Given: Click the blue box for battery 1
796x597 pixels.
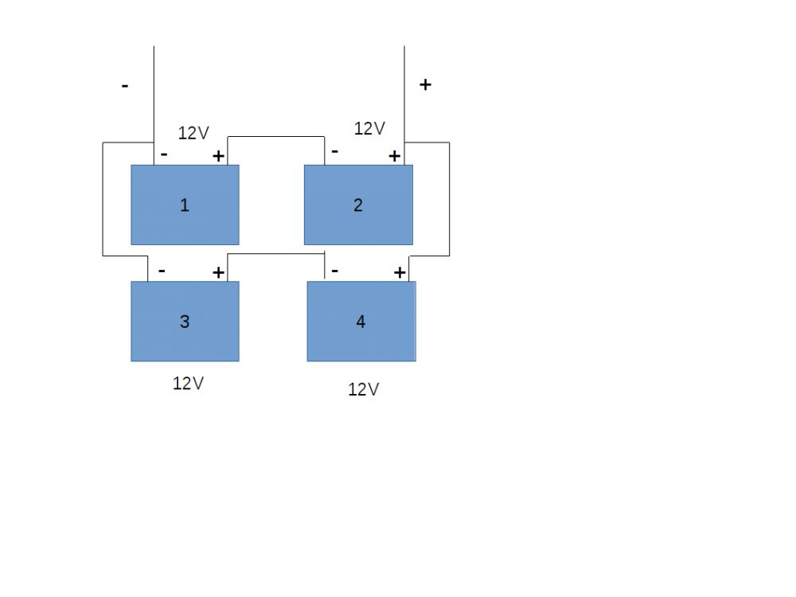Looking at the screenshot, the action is pos(185,205).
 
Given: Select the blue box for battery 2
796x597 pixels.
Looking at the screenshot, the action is pos(358,205).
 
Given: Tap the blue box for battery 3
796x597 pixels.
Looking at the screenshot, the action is pos(185,322).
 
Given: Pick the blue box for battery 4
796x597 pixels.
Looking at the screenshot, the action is pos(361,322).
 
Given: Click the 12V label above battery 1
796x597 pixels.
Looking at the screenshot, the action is pos(193,133).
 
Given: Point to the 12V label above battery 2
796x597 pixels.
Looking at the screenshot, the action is pos(369,128).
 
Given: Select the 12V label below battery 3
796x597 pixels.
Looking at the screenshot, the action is pos(189,384).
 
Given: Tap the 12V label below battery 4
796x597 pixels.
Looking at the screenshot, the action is pos(364,389).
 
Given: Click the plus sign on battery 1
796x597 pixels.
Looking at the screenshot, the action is pos(218,156).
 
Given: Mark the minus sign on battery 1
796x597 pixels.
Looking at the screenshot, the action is pos(164,154).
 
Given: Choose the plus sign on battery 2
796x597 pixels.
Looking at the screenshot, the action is pos(395,156).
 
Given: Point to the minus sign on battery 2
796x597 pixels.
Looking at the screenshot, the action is pos(334,151).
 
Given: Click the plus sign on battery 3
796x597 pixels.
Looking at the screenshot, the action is pos(218,272).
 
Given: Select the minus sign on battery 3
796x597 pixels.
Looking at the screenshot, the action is pos(162,271).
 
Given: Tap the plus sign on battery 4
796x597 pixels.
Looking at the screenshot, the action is pos(400,272).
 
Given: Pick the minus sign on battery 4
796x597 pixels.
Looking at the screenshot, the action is pos(334,271).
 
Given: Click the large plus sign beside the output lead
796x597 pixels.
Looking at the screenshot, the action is pos(425,84).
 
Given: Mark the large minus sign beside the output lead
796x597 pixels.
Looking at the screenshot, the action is pos(125,86).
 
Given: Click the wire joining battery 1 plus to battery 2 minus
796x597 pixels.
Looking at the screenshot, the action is pos(276,137).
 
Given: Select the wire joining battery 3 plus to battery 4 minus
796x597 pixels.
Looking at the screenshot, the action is pos(276,253).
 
